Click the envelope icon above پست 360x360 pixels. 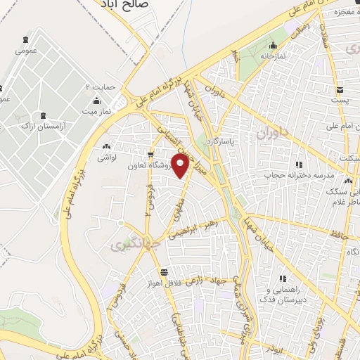pyautogui.click(x=340, y=90)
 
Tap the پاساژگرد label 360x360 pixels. pyautogui.click(x=243, y=141)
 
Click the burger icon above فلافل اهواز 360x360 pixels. pyautogui.click(x=164, y=272)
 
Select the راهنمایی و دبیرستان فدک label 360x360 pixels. pyautogui.click(x=281, y=294)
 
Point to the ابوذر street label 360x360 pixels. pyautogui.click(x=274, y=347)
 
